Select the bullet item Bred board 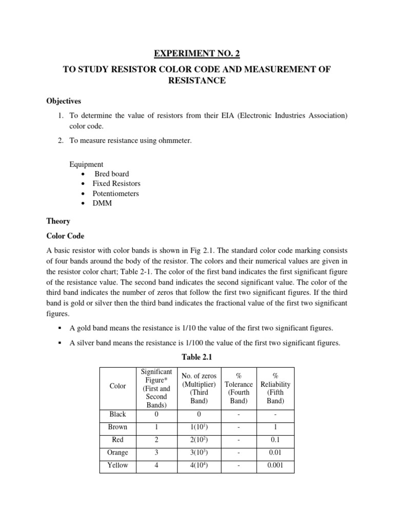(111, 174)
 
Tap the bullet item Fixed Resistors (116, 184)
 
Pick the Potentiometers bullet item (115, 194)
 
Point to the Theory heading (58, 221)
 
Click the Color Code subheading (66, 236)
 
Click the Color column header (117, 386)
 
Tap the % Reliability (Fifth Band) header (275, 388)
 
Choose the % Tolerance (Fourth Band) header (239, 388)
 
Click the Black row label (117, 415)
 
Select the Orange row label (117, 453)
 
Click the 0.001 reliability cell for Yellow (275, 466)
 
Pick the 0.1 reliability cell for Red (275, 440)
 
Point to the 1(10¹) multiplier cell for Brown (199, 427)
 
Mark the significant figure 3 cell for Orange (156, 453)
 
